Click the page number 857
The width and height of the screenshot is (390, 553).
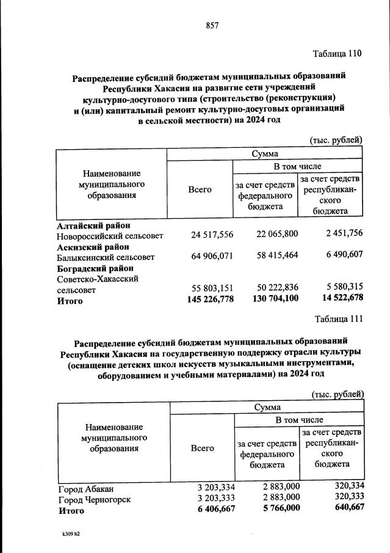[212, 25]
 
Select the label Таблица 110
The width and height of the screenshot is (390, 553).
[338, 53]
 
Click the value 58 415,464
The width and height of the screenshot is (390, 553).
[274, 256]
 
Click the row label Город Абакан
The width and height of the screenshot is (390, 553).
[86, 489]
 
